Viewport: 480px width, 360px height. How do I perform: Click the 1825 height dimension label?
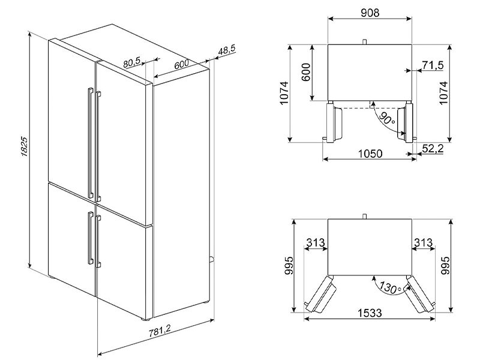25,147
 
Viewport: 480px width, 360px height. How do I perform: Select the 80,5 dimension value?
131,62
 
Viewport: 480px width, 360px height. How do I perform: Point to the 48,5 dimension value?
227,50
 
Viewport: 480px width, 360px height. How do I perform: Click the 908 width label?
370,13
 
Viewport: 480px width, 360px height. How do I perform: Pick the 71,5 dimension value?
433,65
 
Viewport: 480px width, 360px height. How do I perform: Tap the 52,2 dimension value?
433,148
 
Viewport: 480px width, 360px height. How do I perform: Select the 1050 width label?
370,154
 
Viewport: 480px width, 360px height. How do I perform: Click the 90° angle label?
386,118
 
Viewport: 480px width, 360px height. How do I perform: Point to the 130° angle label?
389,287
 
